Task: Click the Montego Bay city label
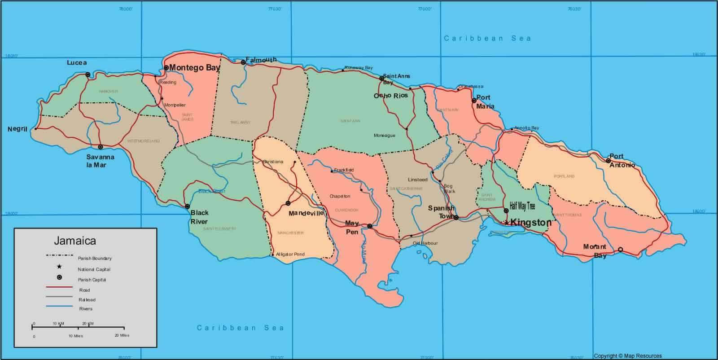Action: coord(195,68)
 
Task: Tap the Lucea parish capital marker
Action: coord(88,75)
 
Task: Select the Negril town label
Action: coord(18,129)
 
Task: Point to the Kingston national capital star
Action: coord(506,223)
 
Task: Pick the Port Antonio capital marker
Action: coord(609,161)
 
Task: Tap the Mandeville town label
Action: coord(306,213)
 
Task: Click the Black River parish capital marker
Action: coord(187,206)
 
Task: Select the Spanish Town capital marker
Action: coord(456,218)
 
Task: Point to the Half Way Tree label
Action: coord(522,206)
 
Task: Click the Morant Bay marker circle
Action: coord(621,250)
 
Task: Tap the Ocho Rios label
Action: coord(391,96)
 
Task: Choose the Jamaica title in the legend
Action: coord(75,241)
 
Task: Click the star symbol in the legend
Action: coord(59,267)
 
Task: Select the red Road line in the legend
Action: coord(59,287)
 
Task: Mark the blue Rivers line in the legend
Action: coord(59,307)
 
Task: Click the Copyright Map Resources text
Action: coord(627,356)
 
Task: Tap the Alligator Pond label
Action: coord(290,255)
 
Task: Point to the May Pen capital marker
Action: coord(369,226)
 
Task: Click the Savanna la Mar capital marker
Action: coord(101,147)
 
